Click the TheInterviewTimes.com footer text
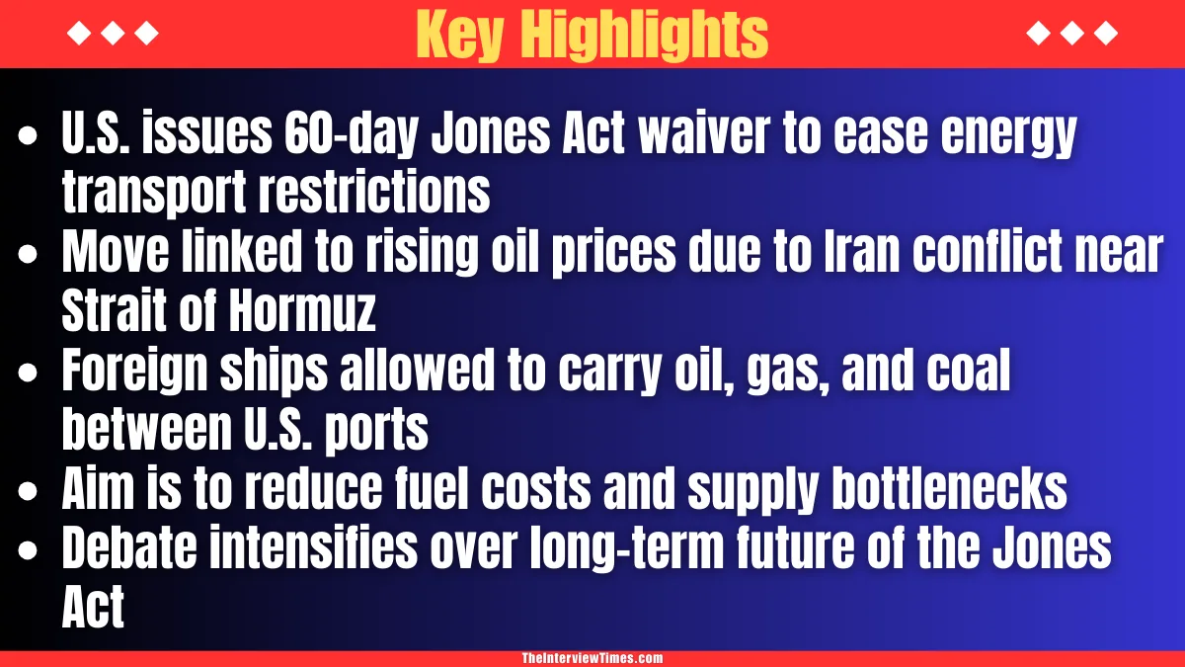[592, 658]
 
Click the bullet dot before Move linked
[31, 254]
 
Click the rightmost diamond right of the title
[1107, 34]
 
